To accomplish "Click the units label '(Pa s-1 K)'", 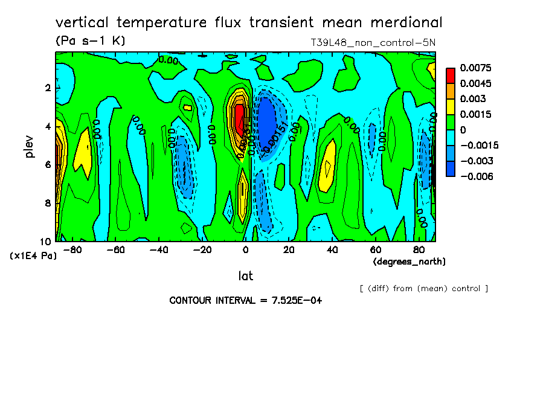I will [x=90, y=41].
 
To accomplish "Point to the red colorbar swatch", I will [x=451, y=75].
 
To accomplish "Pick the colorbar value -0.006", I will [x=475, y=176].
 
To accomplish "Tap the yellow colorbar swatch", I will [x=451, y=106].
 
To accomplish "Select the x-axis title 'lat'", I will [x=245, y=276].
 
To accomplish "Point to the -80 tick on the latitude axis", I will [x=71, y=250].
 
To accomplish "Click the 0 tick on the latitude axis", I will [x=245, y=250].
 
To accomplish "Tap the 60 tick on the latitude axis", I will [x=376, y=250].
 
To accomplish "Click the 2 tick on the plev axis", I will [x=48, y=88].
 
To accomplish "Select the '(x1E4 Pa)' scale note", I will [x=33, y=256].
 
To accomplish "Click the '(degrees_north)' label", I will [x=409, y=262].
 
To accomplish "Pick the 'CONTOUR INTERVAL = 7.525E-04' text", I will [x=245, y=300].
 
